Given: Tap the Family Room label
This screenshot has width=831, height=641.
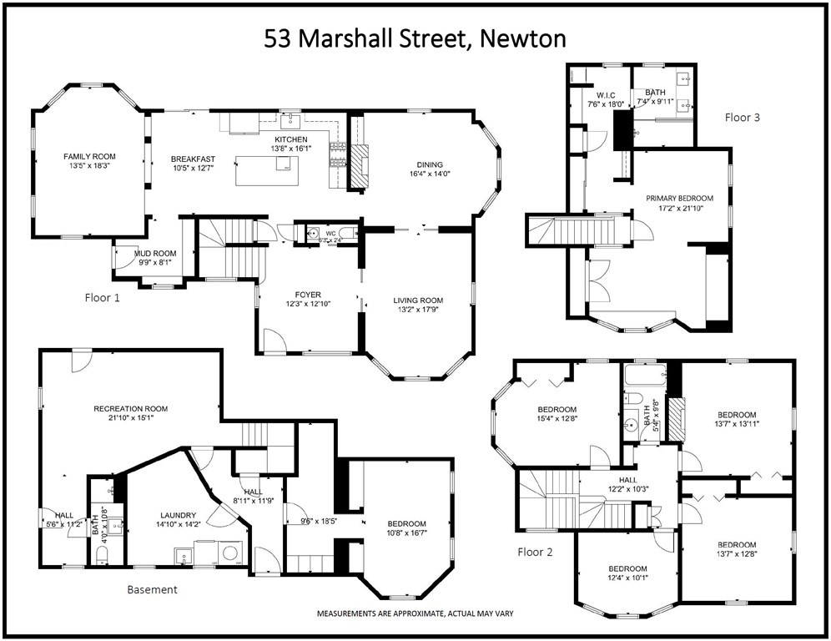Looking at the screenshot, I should click(x=90, y=156).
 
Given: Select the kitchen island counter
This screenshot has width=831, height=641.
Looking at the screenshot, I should click(x=267, y=170).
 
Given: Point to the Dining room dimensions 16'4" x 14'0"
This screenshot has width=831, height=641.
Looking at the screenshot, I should click(x=430, y=175).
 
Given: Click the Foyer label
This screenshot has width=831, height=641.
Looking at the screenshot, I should click(x=308, y=294).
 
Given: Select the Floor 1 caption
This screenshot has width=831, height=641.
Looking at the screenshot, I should click(x=103, y=297).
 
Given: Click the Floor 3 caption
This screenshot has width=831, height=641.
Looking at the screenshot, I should click(x=742, y=118).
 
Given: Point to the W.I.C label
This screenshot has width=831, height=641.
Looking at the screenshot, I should click(x=607, y=93).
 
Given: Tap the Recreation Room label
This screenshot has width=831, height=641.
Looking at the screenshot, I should click(x=131, y=409).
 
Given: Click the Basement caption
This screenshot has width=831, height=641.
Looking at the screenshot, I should click(x=152, y=589).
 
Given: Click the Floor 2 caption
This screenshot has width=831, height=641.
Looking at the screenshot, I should click(x=535, y=552).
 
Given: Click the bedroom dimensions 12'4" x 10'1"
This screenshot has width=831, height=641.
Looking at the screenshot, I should click(x=628, y=579).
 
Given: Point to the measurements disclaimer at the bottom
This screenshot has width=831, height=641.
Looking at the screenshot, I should click(x=414, y=613).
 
